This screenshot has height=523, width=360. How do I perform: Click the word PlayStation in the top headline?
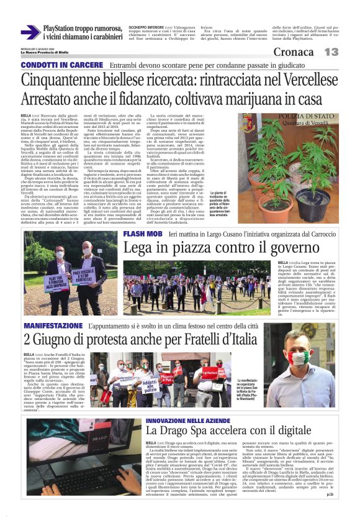[x=65, y=29]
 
